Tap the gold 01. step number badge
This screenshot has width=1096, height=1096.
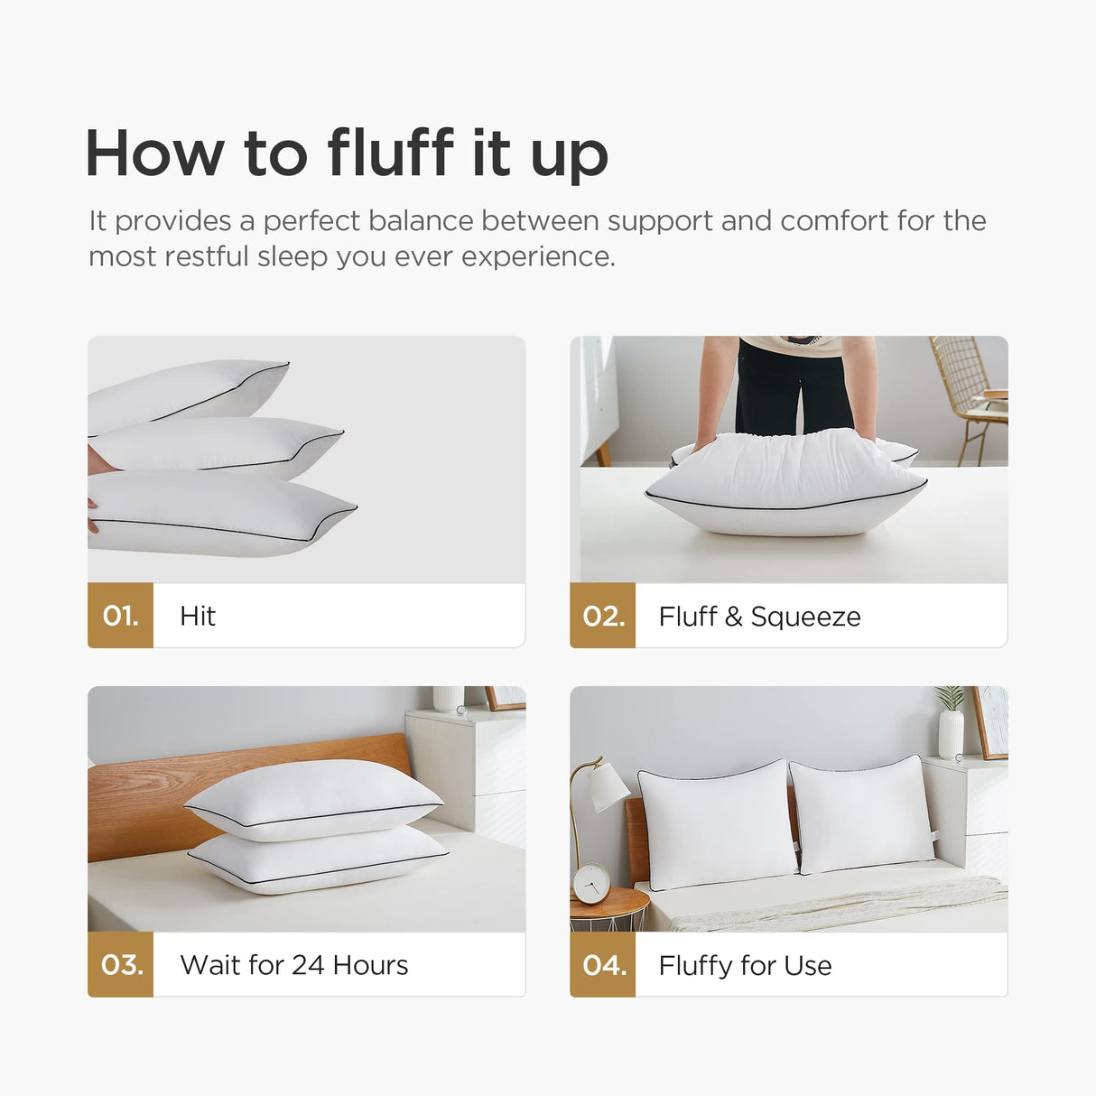[x=121, y=616]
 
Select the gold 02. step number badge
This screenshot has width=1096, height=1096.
[x=603, y=616]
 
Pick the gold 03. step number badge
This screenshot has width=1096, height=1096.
[x=121, y=964]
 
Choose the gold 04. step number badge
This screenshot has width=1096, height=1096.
[x=603, y=964]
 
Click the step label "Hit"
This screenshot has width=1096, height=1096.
[x=198, y=616]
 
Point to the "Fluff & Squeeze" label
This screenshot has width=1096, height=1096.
[x=760, y=617]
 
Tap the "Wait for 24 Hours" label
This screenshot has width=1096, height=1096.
[x=294, y=965]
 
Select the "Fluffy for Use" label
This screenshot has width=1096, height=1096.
[x=745, y=966]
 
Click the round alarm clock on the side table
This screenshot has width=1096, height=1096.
[x=591, y=884]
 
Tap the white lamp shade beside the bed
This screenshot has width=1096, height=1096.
[x=609, y=788]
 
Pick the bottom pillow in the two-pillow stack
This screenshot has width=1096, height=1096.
[x=319, y=860]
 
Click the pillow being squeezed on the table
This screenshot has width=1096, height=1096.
[x=785, y=483]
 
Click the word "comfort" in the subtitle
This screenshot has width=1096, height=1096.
[x=834, y=220]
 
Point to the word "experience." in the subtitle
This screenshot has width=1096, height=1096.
[x=538, y=256]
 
